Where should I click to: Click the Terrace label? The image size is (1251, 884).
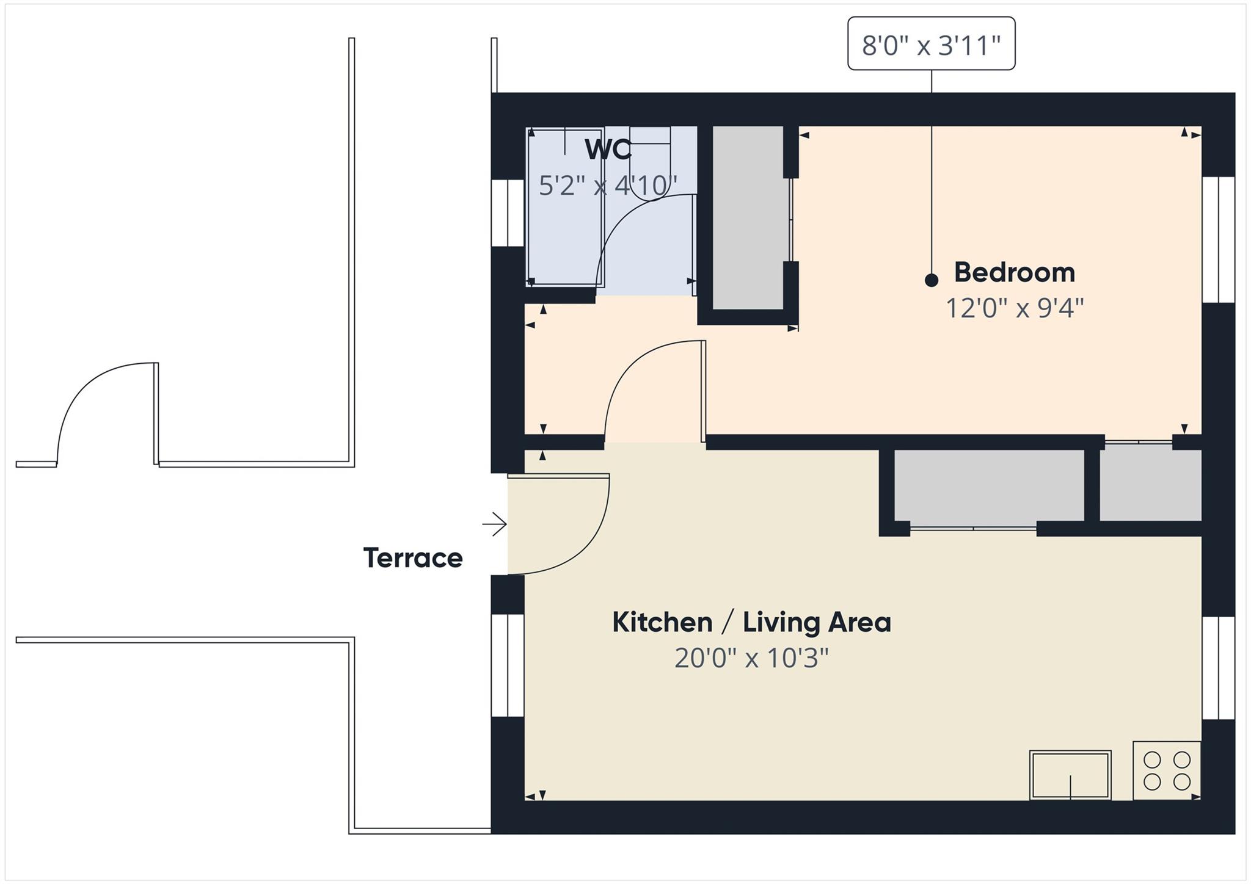[x=413, y=558]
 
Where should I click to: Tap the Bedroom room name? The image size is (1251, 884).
[x=1014, y=272]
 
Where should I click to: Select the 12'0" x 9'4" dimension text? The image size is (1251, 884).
[x=1014, y=308]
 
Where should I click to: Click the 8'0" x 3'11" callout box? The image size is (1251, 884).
[x=931, y=44]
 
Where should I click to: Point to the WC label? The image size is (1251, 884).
[x=608, y=150]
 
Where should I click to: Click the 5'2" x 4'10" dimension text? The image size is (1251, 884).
[x=608, y=186]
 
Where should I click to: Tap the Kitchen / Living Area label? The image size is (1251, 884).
[x=751, y=623]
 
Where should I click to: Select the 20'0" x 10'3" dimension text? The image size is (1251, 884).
[x=751, y=658]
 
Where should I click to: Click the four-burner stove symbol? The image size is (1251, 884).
[x=1167, y=770]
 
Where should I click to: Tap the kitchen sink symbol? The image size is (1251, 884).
[x=1070, y=775]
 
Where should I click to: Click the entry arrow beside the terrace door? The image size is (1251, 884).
[x=495, y=524]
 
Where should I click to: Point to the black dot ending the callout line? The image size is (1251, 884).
[x=931, y=280]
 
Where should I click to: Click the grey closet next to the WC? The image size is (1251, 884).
[x=748, y=217]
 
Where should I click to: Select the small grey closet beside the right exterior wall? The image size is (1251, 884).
[x=1150, y=485]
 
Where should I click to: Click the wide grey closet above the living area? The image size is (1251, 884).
[x=988, y=485]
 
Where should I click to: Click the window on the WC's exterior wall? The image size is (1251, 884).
[x=508, y=212]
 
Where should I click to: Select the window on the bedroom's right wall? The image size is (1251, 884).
[x=1218, y=239]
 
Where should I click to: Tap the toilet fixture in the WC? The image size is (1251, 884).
[x=650, y=165]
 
